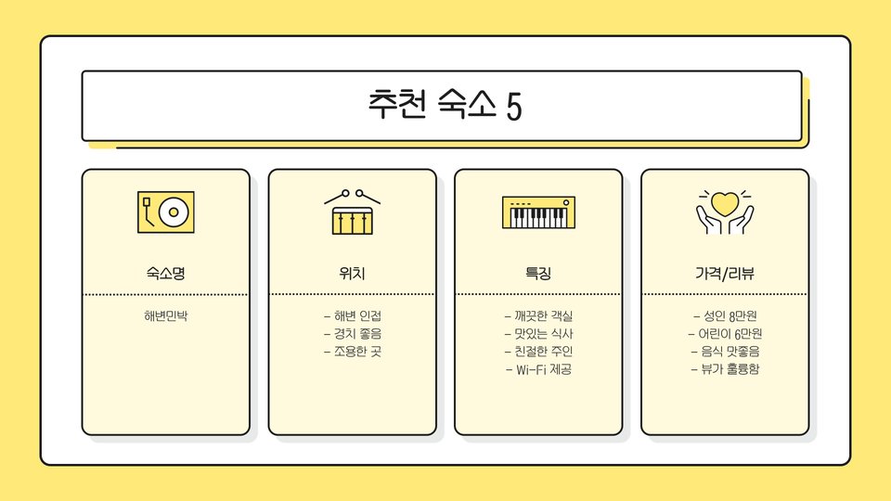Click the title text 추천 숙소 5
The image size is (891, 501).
(445, 105)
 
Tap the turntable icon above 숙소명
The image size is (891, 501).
(166, 212)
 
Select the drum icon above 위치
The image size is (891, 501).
(353, 212)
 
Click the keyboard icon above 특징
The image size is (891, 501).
(538, 212)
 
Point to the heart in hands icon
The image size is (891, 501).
(725, 212)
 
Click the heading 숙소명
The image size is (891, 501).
(166, 274)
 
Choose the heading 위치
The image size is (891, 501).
(353, 274)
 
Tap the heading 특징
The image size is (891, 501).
(538, 274)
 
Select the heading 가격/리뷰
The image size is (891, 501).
(725, 274)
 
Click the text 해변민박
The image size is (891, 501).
(166, 315)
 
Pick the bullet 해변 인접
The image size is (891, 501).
(353, 315)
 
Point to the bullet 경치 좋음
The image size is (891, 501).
(353, 333)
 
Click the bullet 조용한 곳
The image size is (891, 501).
(353, 352)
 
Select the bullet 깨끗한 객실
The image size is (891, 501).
(538, 315)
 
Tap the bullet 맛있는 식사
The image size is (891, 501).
(538, 333)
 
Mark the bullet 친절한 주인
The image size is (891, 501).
(538, 352)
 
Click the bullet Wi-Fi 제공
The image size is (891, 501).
(538, 369)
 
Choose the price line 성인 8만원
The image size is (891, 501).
(725, 315)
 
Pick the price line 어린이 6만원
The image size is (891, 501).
(725, 333)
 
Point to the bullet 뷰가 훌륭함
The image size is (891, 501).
(725, 369)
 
